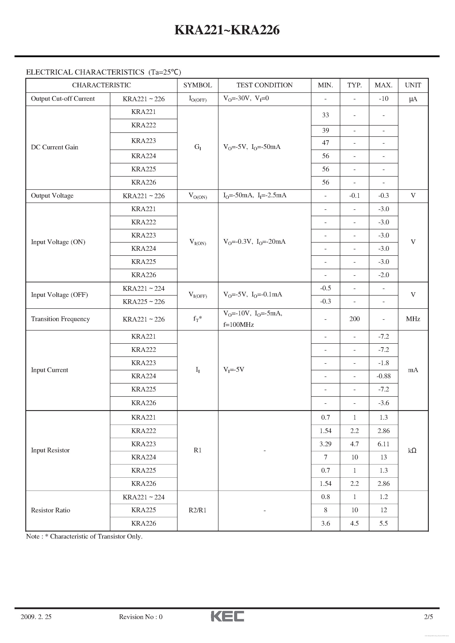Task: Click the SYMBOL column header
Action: [x=198, y=85]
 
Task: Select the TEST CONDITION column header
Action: [x=264, y=85]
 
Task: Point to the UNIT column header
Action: [x=413, y=85]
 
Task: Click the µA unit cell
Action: [x=413, y=99]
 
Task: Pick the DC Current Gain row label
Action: [x=54, y=147]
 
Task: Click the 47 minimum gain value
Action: [x=326, y=143]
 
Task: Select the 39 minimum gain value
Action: [x=326, y=130]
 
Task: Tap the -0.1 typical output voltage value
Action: [x=355, y=196]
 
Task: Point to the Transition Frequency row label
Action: [x=60, y=319]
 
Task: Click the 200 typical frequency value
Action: [x=355, y=319]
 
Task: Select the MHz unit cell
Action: [x=413, y=319]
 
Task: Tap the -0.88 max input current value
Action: [x=383, y=376]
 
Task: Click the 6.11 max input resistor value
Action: [x=383, y=444]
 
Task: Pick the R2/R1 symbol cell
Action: [x=198, y=510]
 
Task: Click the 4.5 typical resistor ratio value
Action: [x=355, y=523]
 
